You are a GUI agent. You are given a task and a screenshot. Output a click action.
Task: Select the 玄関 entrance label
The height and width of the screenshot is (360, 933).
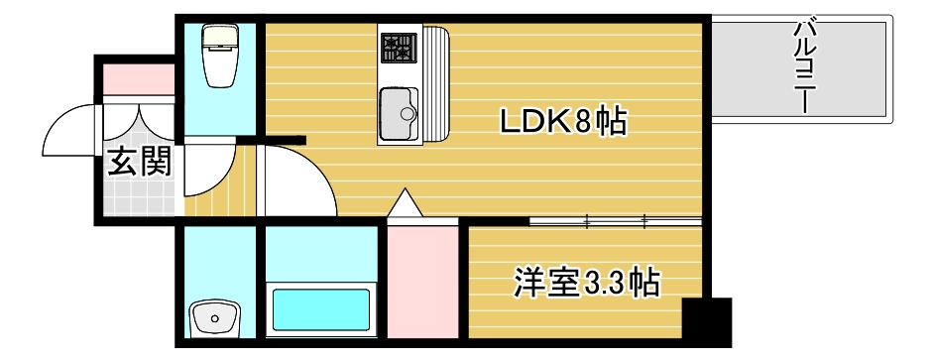[x=139, y=160]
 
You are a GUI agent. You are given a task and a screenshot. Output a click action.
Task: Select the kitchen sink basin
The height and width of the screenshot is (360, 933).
[x=400, y=113]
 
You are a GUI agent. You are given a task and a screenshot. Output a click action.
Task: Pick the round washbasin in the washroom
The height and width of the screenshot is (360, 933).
[x=213, y=318]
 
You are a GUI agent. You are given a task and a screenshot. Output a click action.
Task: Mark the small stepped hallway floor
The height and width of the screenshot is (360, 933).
[x=209, y=194]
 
